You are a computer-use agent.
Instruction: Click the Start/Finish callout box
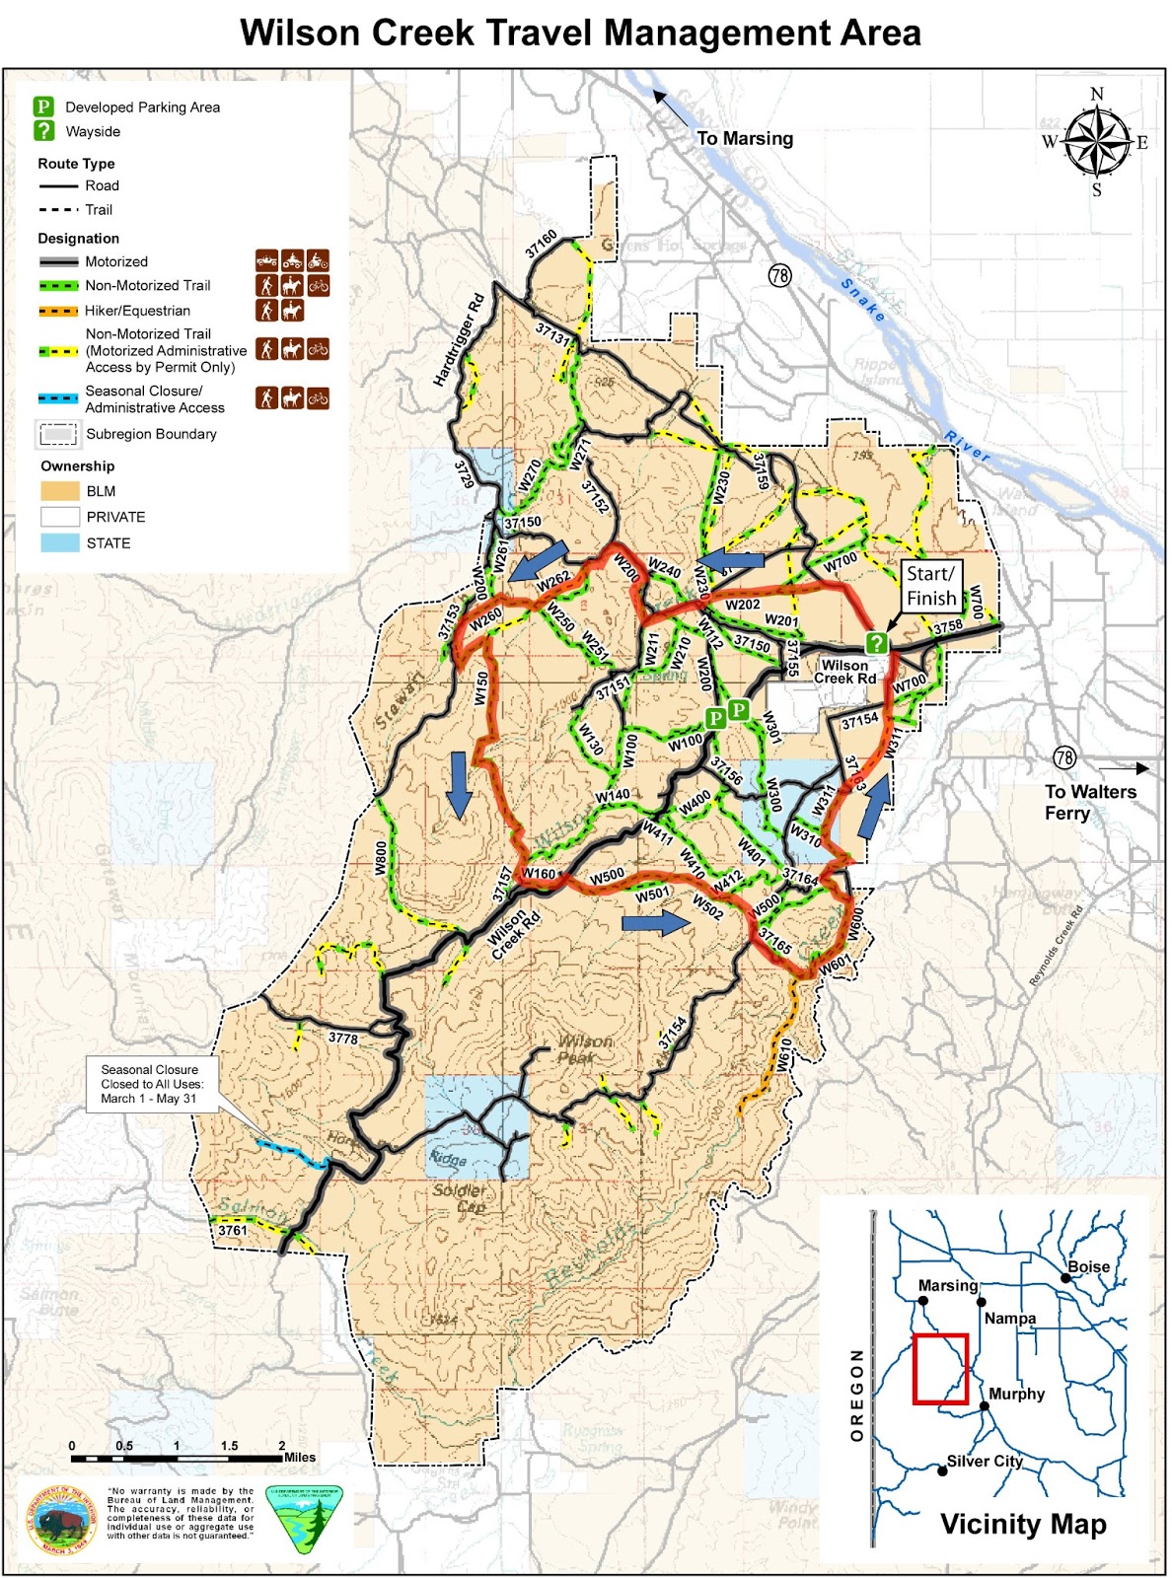tap(931, 586)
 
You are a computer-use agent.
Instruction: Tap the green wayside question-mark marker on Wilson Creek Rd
tap(876, 643)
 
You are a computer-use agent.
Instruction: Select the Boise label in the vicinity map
tap(1088, 1266)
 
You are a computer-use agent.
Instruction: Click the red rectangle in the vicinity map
tap(940, 1368)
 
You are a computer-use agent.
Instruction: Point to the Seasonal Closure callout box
tap(149, 1084)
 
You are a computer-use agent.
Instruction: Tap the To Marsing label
tap(745, 138)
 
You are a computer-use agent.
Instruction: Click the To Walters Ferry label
tap(1090, 802)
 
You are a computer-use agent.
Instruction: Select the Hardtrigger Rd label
tap(460, 339)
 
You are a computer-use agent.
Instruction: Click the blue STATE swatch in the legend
tap(59, 542)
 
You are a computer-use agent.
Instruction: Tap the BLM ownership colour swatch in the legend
tap(59, 490)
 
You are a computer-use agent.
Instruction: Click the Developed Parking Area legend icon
tap(43, 107)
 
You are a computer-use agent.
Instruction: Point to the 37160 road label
tap(541, 244)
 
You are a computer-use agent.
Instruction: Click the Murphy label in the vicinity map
tap(1016, 1394)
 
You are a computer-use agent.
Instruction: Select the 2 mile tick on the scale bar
tap(282, 1458)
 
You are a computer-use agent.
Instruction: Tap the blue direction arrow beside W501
tap(656, 922)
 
